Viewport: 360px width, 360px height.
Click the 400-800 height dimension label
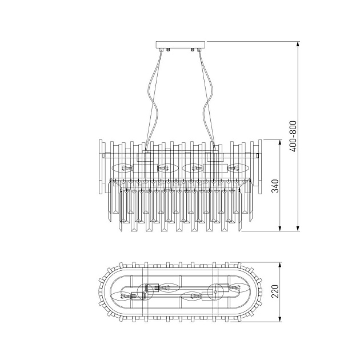[x=292, y=136]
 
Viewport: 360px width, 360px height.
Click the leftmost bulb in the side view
[x=123, y=169]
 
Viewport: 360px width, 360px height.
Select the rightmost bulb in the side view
[x=238, y=169]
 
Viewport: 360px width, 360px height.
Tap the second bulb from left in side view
[x=166, y=169]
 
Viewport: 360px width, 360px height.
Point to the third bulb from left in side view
[x=194, y=169]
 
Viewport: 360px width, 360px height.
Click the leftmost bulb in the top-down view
[x=123, y=296]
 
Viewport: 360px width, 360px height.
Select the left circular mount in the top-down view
[x=146, y=291]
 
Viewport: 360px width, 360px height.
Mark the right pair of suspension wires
[x=206, y=97]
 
